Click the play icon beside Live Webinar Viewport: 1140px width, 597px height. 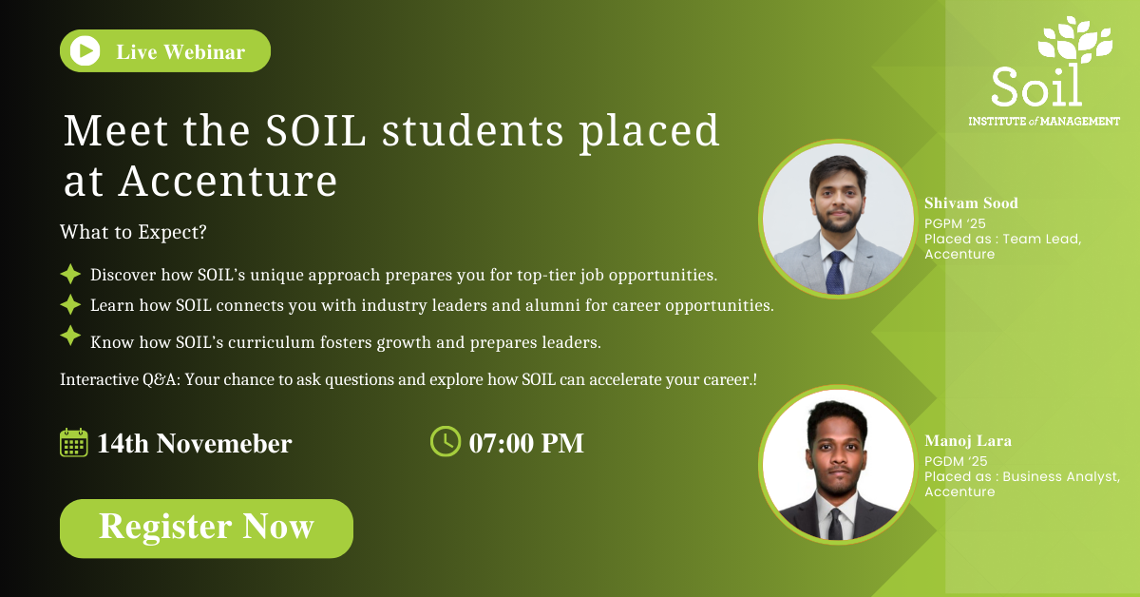[85, 51]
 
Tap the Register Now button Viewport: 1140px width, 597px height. [206, 529]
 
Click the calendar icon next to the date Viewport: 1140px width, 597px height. [74, 442]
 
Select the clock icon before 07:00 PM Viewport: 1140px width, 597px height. [446, 441]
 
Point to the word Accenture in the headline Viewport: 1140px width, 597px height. [228, 181]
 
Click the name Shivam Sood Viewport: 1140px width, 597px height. [971, 203]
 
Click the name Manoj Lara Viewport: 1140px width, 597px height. [968, 440]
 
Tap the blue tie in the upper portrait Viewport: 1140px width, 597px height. [835, 273]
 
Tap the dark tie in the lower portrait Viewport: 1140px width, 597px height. [835, 524]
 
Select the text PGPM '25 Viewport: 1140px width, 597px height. [955, 223]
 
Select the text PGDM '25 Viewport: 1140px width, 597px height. [956, 461]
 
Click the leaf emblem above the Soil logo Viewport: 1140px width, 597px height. [1074, 40]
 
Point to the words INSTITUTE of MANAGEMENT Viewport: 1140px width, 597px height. [1044, 122]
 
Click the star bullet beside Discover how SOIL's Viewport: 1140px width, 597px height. [70, 274]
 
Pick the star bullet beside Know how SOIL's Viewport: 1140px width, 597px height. [70, 336]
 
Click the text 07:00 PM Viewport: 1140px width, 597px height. [526, 443]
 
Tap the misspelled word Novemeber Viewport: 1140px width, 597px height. [224, 443]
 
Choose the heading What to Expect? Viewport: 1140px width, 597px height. [133, 232]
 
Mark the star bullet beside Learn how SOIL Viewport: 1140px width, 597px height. [70, 304]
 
